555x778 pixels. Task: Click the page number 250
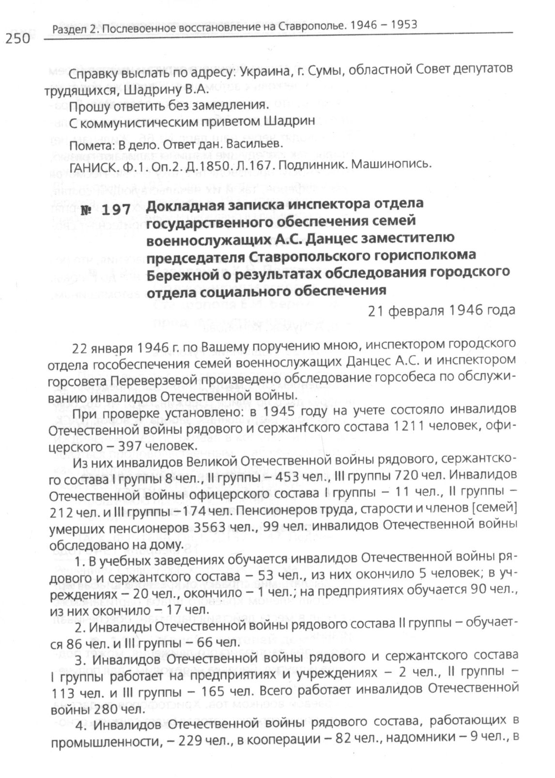coord(18,39)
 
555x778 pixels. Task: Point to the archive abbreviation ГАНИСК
coord(91,167)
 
